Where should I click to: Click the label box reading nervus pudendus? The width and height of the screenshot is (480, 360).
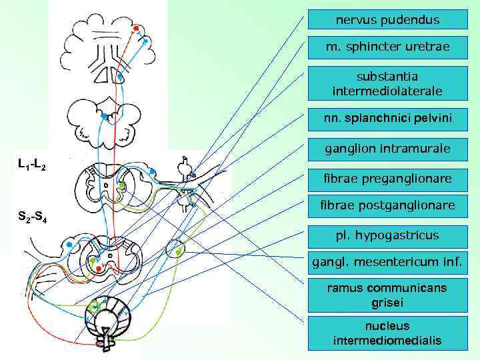click(387, 20)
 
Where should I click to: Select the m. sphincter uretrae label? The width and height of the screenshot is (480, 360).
click(387, 47)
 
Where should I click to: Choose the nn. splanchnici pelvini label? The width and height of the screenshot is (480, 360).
click(387, 119)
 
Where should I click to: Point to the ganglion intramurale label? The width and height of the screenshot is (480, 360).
click(387, 148)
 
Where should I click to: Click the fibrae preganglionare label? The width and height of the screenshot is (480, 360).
click(387, 178)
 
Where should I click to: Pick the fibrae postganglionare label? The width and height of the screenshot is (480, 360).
click(387, 205)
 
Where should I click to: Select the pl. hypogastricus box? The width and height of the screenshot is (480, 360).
click(387, 235)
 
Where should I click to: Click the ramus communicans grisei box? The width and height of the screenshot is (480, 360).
click(387, 295)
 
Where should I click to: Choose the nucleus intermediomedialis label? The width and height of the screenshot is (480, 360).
click(387, 333)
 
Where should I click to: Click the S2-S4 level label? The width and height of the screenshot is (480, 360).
click(31, 215)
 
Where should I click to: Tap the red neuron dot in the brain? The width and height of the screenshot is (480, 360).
click(136, 29)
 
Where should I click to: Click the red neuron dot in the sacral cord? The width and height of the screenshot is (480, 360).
click(99, 268)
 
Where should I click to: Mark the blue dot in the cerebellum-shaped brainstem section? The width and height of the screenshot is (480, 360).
click(104, 117)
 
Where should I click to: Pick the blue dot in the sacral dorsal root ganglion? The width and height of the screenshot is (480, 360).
click(69, 245)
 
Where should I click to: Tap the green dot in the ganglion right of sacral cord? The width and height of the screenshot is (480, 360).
click(178, 251)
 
